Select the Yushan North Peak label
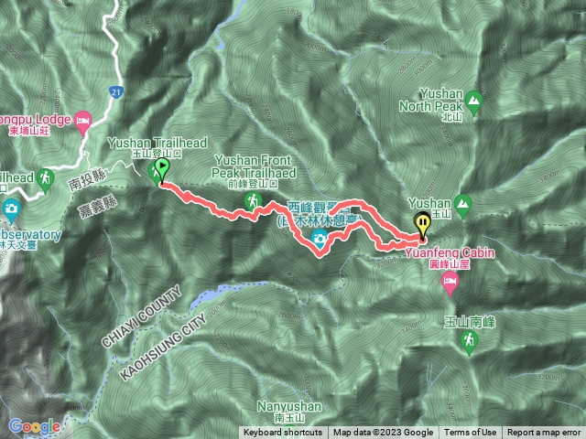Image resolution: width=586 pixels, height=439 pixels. pyautogui.click(x=448, y=100)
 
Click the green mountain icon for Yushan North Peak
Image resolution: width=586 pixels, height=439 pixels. pyautogui.click(x=474, y=99)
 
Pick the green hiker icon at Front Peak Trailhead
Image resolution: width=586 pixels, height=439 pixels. pyautogui.click(x=251, y=199)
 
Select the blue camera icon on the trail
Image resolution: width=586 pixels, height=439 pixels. pyautogui.click(x=320, y=241)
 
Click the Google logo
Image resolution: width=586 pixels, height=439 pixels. pyautogui.click(x=34, y=426)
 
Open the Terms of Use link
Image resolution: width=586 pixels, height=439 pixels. pyautogui.click(x=471, y=433)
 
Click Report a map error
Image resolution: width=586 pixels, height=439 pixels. pyautogui.click(x=544, y=433)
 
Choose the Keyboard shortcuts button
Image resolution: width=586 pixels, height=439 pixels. pyautogui.click(x=283, y=433)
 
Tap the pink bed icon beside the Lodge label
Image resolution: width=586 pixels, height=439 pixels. pyautogui.click(x=82, y=120)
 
